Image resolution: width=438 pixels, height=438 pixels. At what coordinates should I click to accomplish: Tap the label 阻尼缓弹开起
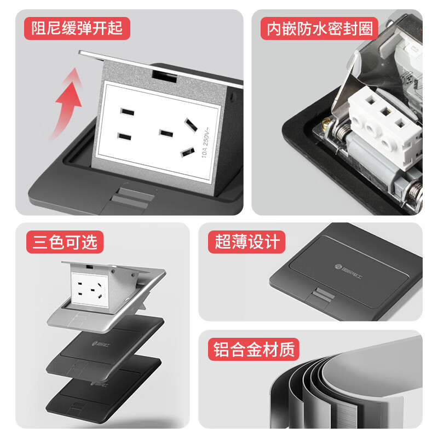pos(77,27)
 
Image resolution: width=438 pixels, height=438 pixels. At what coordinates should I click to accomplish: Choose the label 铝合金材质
pos(253,348)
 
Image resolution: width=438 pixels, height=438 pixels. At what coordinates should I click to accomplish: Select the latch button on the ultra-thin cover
pos(319,298)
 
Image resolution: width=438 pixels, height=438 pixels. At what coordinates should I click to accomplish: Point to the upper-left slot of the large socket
pos(127,112)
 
